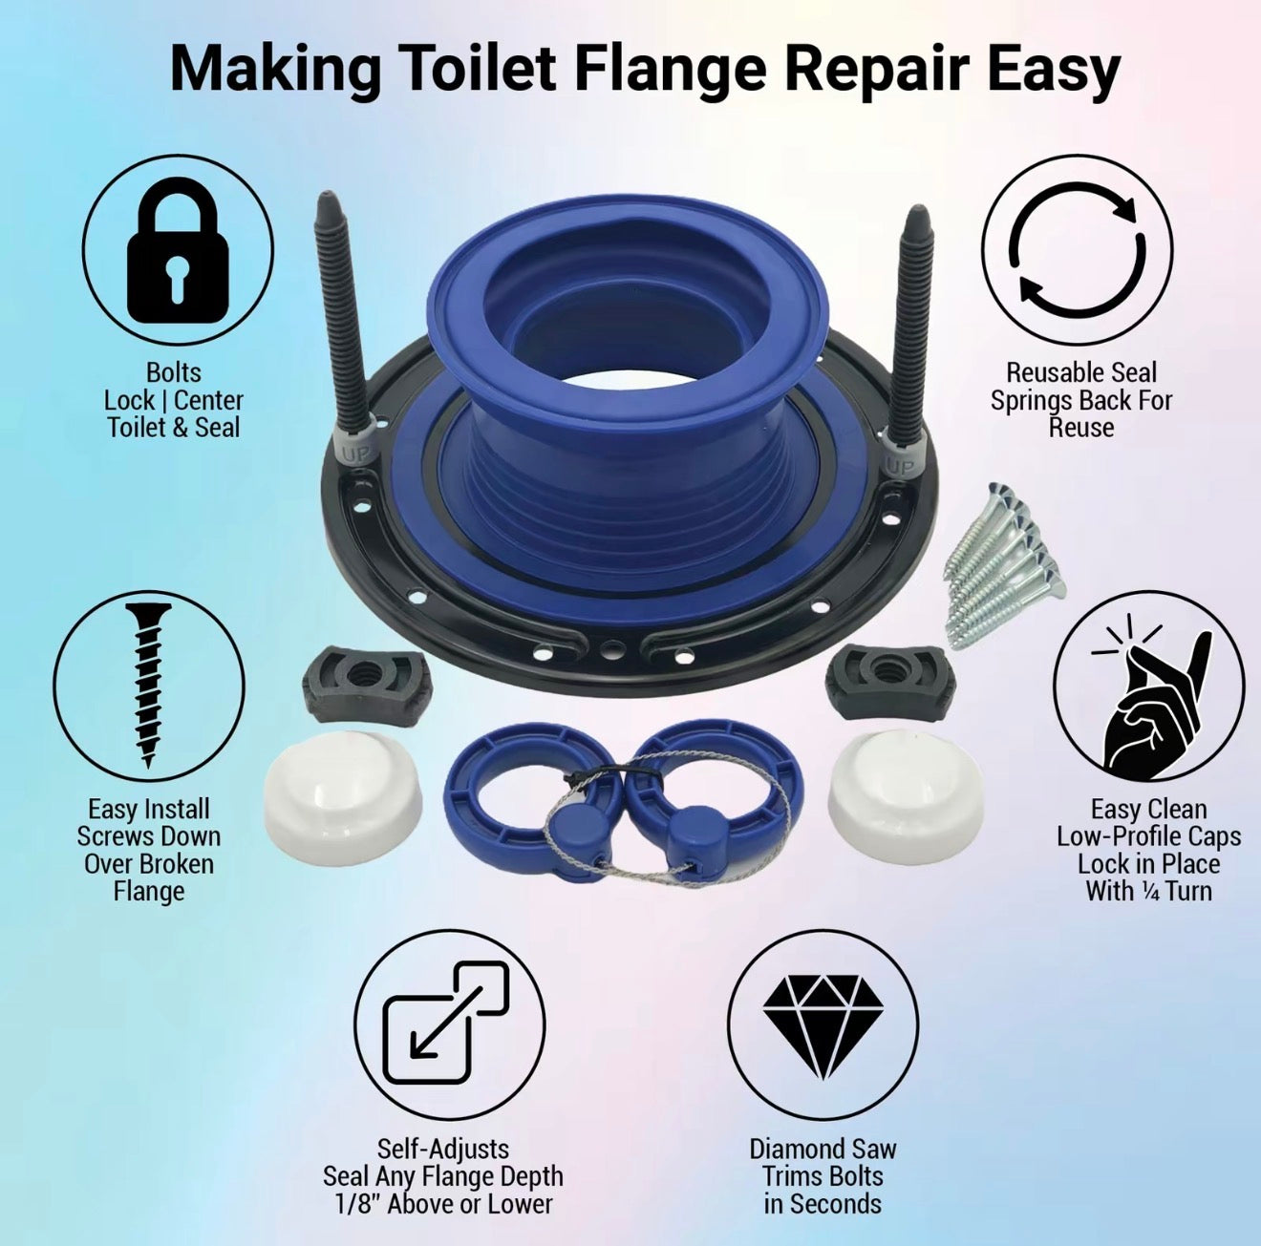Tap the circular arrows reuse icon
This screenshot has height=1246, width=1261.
[x=1077, y=252]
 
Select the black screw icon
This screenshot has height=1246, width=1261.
[x=148, y=684]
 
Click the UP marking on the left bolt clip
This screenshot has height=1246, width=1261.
[x=353, y=454]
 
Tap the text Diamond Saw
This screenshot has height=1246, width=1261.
[x=823, y=1149]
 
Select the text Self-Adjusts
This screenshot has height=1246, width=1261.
[x=442, y=1149]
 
